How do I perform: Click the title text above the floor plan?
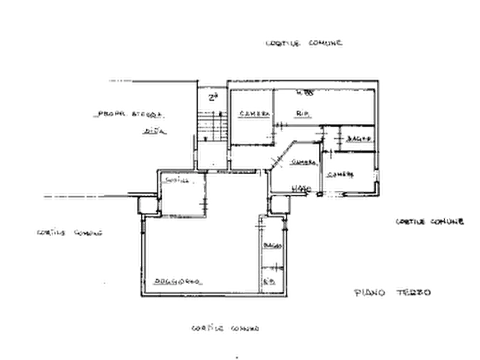[x=305, y=42]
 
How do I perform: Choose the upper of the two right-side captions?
[x=428, y=221]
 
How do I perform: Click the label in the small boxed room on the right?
[x=356, y=139]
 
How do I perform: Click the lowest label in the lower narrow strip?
[x=273, y=280]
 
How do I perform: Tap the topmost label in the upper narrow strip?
[x=211, y=97]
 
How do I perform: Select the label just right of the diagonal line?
[x=301, y=162]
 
